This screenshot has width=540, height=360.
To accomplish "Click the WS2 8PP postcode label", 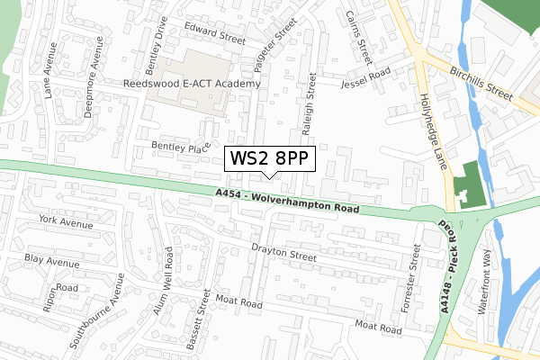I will click(270, 159).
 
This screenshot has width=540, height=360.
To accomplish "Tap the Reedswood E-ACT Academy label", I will click(193, 84).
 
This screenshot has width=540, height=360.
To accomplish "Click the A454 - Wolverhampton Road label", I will click(287, 201).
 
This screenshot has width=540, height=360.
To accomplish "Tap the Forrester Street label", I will click(414, 274).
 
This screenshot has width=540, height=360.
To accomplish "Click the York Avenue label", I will click(66, 221).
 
